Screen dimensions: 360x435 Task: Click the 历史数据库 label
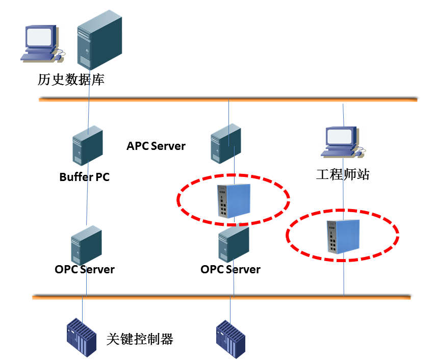click(71, 80)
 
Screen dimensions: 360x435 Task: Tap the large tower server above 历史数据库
click(99, 40)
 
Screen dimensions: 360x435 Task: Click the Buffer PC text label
click(84, 177)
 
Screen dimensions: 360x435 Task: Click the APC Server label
click(156, 146)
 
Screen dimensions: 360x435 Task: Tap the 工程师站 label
click(342, 175)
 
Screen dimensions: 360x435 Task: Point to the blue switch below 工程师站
click(343, 236)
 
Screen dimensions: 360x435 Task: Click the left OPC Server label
click(85, 269)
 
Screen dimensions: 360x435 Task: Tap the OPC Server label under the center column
click(231, 269)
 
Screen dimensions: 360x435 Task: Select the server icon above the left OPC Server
click(86, 246)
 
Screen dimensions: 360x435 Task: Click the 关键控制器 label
click(140, 339)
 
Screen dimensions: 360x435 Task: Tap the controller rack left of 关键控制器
click(82, 338)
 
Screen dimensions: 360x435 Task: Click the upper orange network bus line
click(153, 99)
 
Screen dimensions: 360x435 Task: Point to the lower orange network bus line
click(153, 296)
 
